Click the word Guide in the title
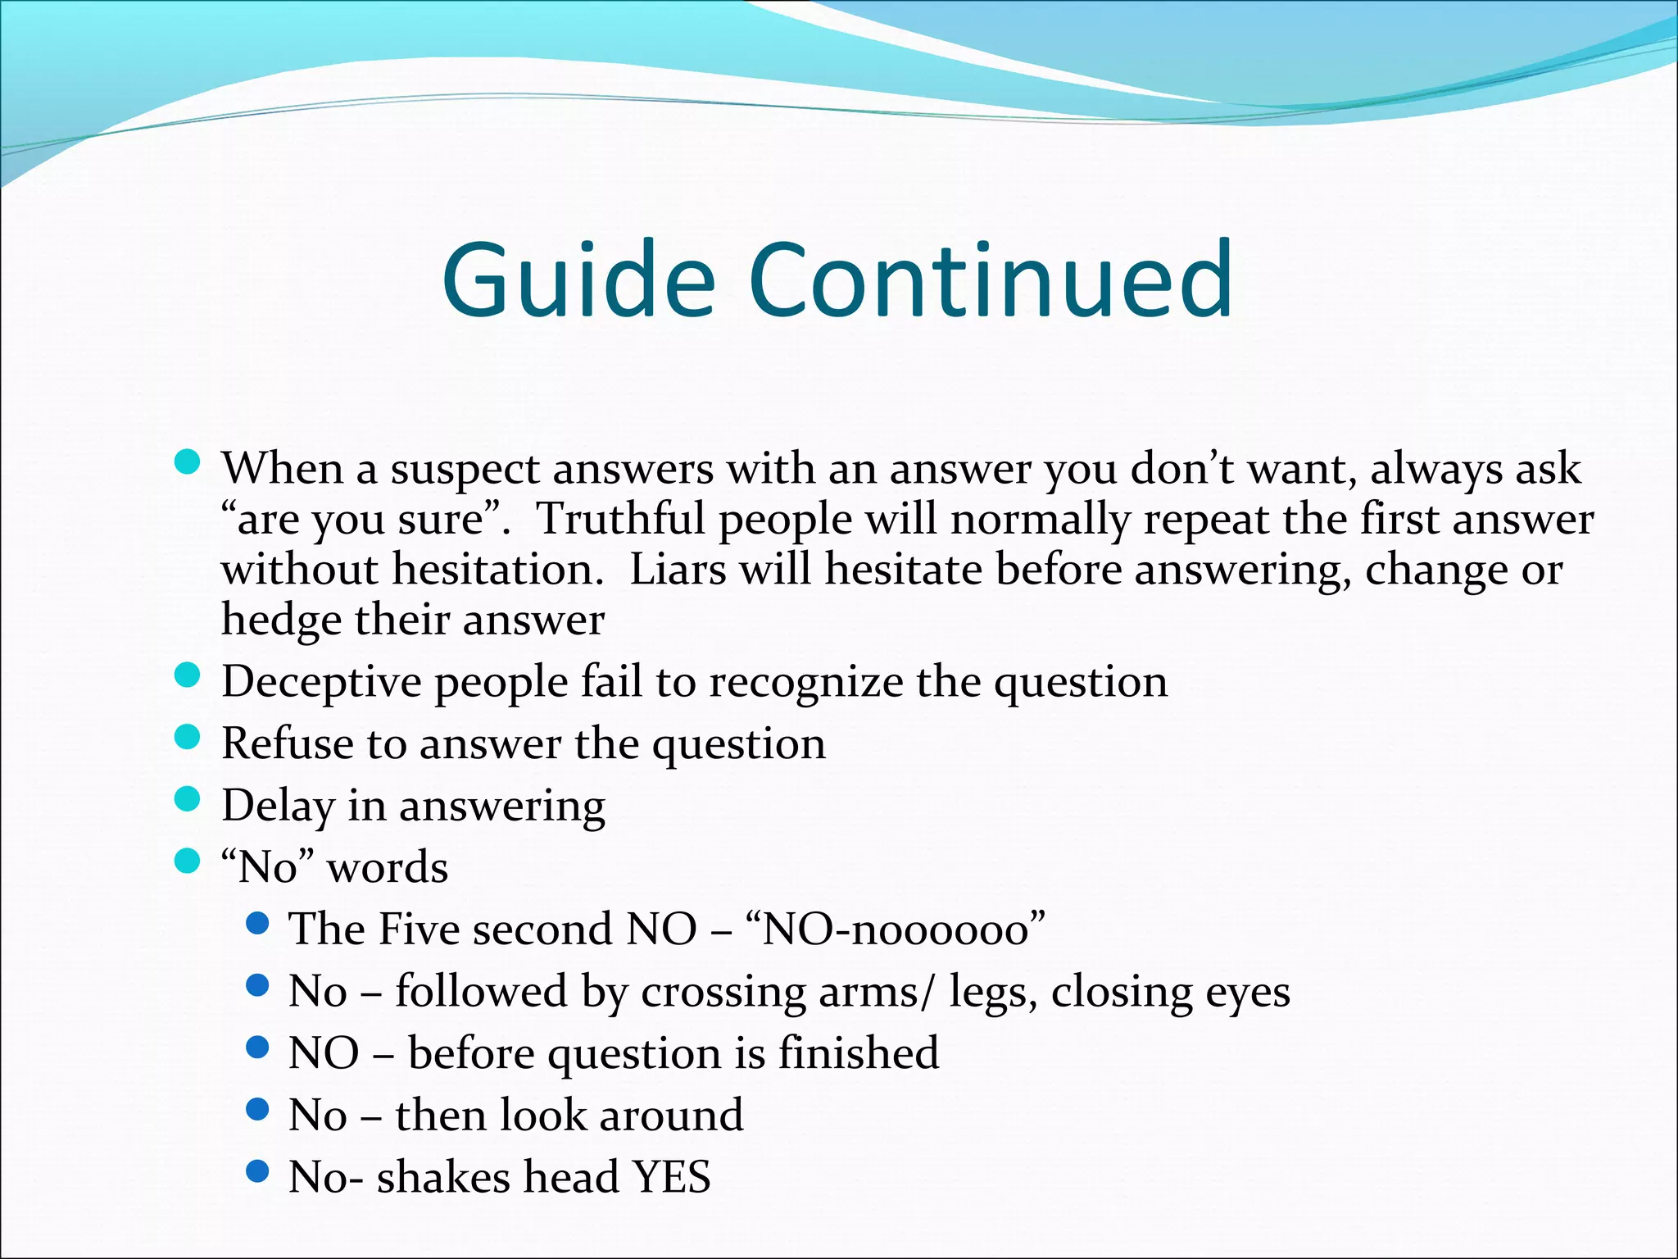coord(578,280)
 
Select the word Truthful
coord(620,519)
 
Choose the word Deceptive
coord(321,683)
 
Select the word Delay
coord(278,807)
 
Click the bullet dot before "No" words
coord(188,861)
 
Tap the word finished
coord(858,1053)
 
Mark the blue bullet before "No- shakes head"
coord(257,1171)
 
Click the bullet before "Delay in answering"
coord(188,799)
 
